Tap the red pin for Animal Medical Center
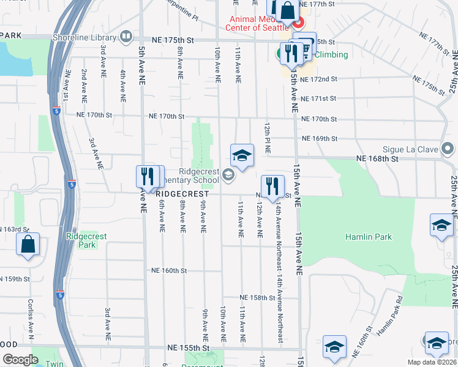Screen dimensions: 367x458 pos(298,24)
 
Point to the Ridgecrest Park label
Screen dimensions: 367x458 pos(81,240)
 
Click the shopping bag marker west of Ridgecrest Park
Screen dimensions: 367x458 pos(28,245)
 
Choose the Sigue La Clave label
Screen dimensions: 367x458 pos(413,149)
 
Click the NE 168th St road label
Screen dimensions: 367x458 pos(377,158)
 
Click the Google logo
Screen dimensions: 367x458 pos(20,360)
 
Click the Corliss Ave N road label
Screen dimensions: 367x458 pos(30,319)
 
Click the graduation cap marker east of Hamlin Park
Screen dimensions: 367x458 pos(441,226)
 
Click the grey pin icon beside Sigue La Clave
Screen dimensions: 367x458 pos(448,149)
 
